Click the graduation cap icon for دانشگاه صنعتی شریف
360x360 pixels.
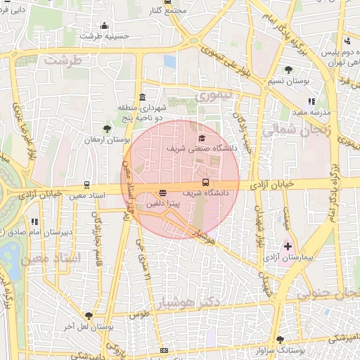pos(203,138)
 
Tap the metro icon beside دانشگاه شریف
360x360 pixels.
pos(205,183)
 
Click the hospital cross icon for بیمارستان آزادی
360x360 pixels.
pos(288,246)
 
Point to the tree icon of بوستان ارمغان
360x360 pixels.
pos(106,129)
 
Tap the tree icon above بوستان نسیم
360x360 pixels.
pos(289,69)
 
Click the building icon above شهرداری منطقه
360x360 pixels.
pos(143,97)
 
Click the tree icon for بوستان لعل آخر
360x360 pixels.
pos(89,316)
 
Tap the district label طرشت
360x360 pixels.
pos(63,60)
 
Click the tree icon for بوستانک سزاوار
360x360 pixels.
pos(281,339)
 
